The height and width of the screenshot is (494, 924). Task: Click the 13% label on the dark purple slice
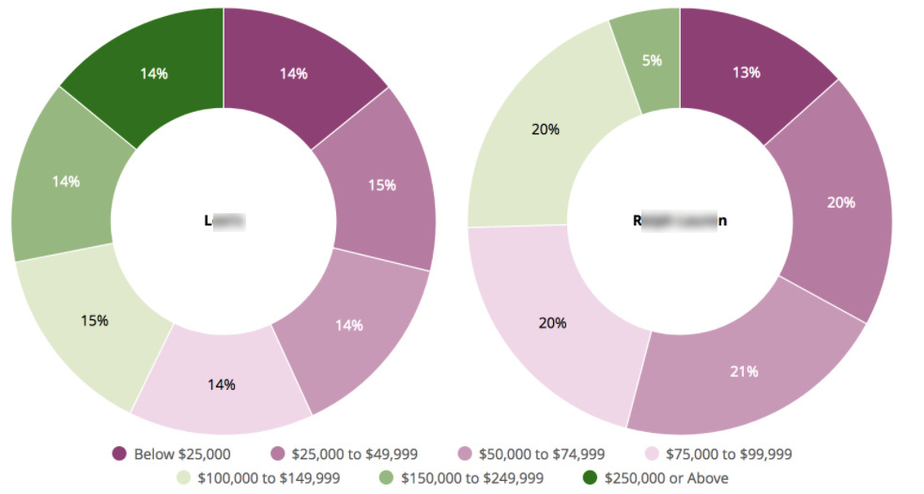(746, 72)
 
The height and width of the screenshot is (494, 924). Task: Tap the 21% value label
(744, 371)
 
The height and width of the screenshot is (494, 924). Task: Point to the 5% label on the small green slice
(652, 60)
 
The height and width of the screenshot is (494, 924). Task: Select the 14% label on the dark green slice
(154, 73)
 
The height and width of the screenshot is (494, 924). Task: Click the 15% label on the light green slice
(94, 320)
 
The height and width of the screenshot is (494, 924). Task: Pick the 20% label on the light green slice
(546, 129)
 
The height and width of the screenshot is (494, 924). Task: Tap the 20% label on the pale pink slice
(552, 322)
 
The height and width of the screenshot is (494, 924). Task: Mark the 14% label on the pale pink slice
(222, 384)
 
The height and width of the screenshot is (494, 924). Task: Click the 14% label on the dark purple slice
(293, 73)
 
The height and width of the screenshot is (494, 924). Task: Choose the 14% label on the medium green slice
(66, 181)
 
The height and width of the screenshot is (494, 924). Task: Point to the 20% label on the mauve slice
(841, 201)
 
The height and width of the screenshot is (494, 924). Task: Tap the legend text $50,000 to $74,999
(542, 455)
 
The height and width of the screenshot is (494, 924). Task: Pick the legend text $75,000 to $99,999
(729, 455)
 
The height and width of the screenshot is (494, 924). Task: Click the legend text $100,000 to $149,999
(269, 478)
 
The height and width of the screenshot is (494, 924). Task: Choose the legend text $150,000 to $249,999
(471, 478)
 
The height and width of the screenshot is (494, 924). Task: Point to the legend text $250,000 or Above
(663, 478)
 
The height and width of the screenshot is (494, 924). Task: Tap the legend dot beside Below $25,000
(119, 455)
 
